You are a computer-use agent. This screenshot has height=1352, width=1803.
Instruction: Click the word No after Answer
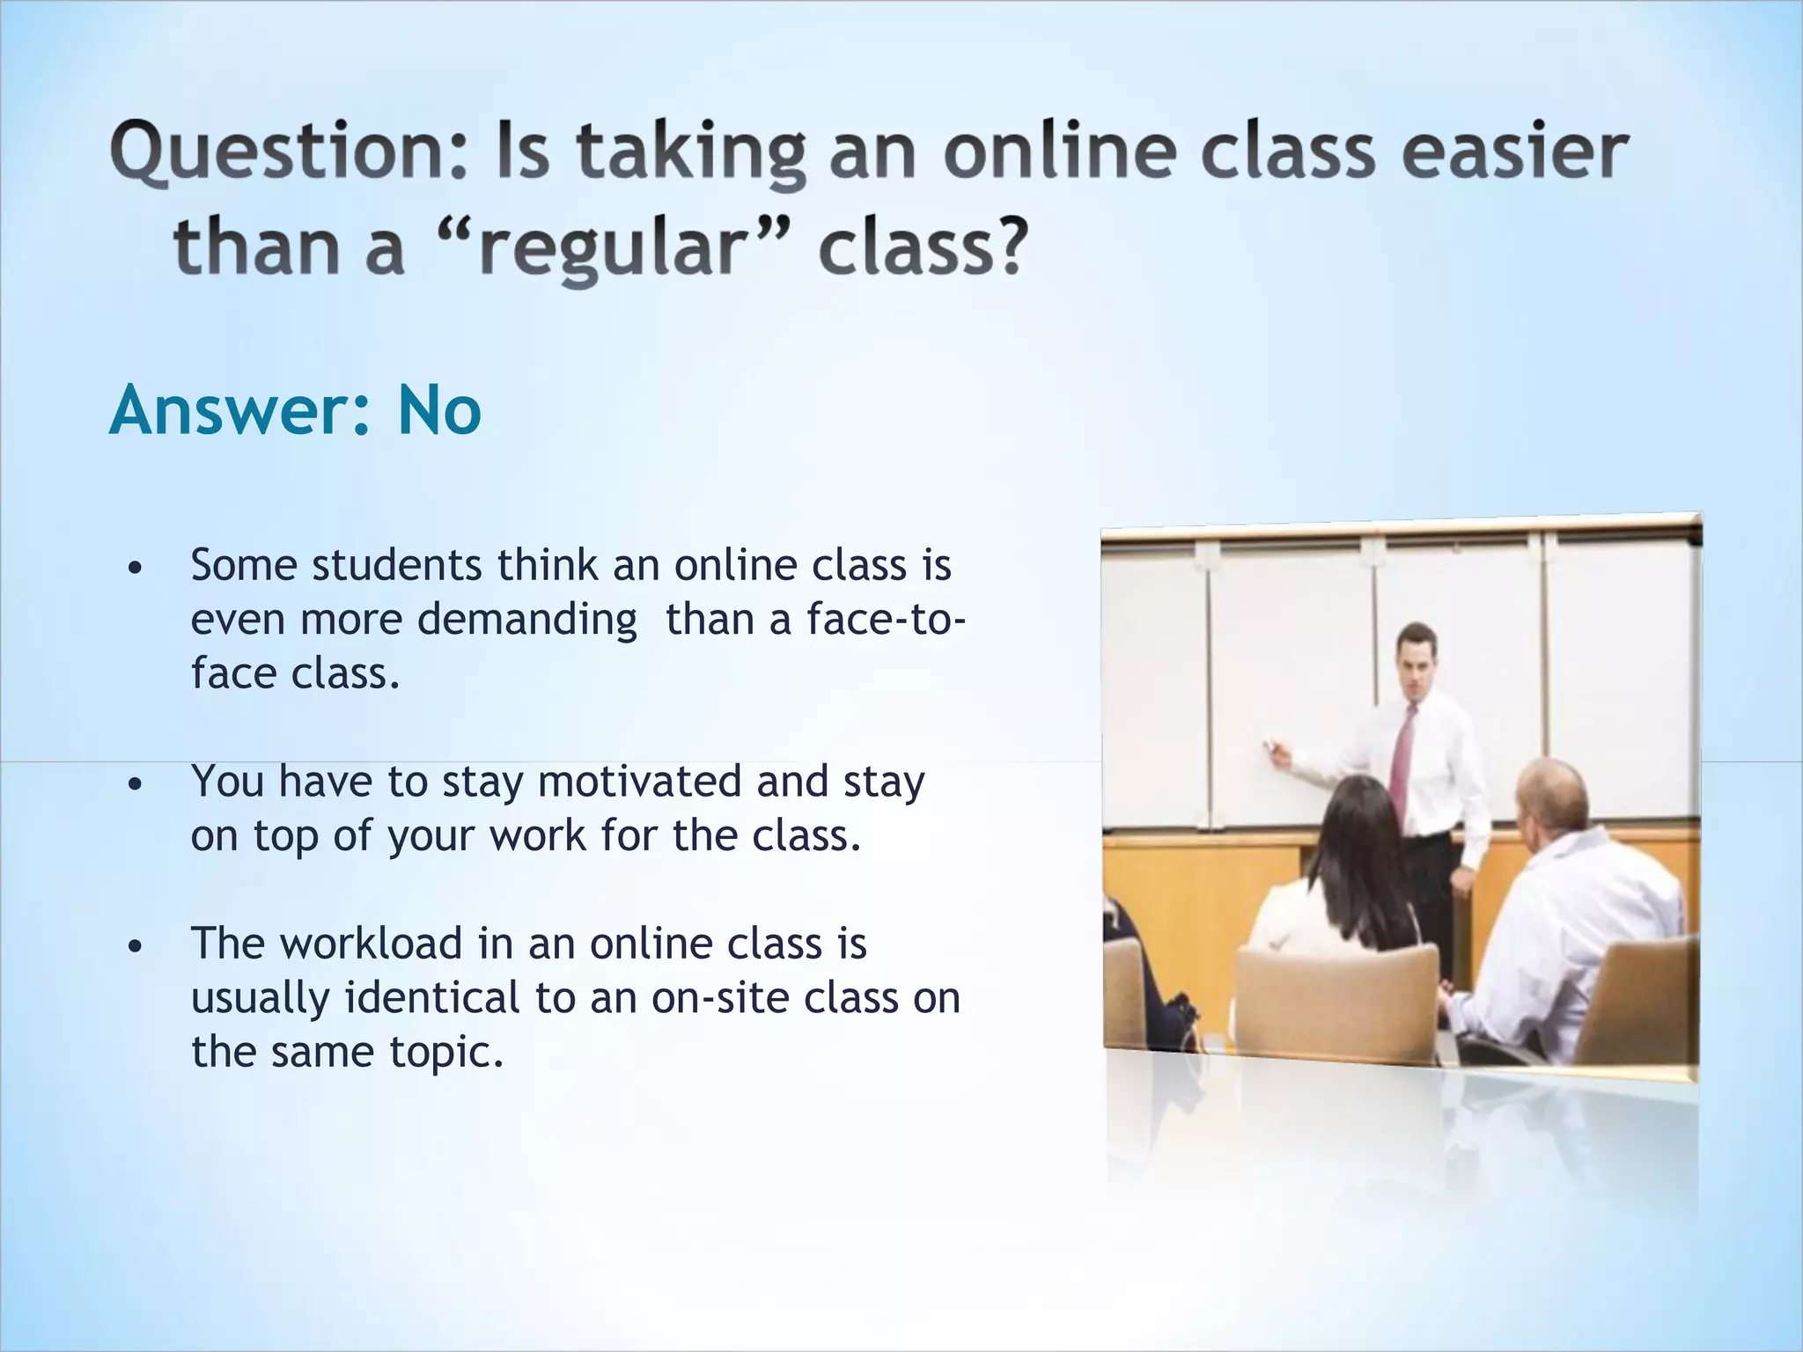(438, 411)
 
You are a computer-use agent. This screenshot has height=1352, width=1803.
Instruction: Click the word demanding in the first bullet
(526, 620)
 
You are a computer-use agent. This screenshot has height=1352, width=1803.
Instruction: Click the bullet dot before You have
(134, 784)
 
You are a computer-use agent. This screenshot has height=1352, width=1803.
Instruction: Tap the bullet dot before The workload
(134, 947)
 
